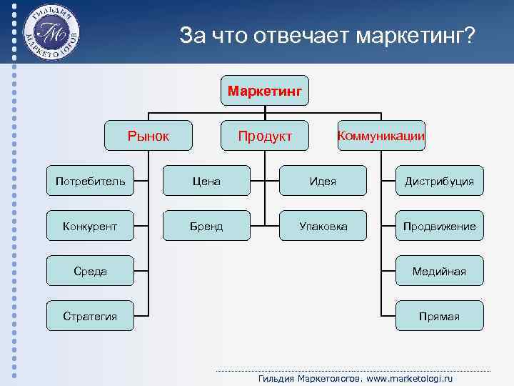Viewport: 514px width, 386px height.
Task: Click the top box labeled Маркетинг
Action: [264, 91]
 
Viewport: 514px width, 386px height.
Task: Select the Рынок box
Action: [148, 136]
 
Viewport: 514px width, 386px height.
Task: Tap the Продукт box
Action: [265, 136]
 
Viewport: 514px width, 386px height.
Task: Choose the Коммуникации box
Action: [381, 136]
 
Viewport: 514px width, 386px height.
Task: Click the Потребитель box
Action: [91, 181]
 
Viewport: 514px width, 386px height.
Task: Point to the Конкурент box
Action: [91, 226]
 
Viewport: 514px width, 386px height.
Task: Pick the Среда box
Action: [91, 271]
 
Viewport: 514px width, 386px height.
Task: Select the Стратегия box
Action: [91, 316]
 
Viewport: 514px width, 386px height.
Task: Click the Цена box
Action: [206, 181]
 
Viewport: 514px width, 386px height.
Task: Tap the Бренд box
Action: [206, 226]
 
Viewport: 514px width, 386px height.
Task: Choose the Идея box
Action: [323, 181]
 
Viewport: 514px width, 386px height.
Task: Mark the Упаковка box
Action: [323, 226]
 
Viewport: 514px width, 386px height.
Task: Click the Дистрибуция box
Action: [439, 181]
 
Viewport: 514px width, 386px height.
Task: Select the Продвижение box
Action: [439, 226]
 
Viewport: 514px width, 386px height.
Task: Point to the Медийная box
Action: [439, 271]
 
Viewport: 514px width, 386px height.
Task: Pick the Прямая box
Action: [439, 316]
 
